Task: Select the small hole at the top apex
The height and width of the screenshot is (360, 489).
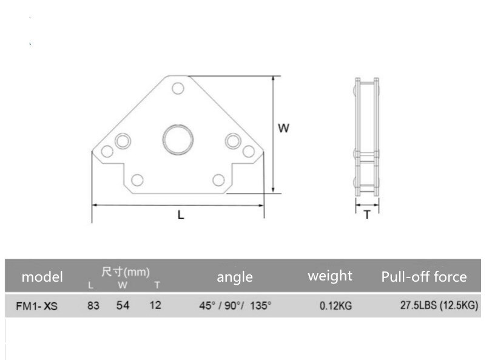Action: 177,89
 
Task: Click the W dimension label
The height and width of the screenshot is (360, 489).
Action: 283,128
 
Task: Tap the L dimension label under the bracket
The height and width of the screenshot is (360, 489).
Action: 180,214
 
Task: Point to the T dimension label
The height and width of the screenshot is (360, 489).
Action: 366,215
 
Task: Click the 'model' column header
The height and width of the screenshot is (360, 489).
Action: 42,277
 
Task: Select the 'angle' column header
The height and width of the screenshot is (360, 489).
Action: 235,277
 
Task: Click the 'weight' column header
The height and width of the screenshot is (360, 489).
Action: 329,276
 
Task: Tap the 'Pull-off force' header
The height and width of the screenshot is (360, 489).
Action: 424,277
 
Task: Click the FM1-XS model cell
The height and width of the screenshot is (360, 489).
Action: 36,306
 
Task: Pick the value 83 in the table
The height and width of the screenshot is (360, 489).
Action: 93,305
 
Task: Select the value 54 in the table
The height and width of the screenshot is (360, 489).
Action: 123,305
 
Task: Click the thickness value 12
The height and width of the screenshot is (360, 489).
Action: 155,305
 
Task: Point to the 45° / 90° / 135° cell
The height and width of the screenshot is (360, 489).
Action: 235,305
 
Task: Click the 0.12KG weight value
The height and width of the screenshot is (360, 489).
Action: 336,305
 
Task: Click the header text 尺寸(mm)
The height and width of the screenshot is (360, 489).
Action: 125,271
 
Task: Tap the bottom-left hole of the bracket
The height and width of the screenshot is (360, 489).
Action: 138,179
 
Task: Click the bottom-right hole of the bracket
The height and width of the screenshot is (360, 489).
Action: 218,179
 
